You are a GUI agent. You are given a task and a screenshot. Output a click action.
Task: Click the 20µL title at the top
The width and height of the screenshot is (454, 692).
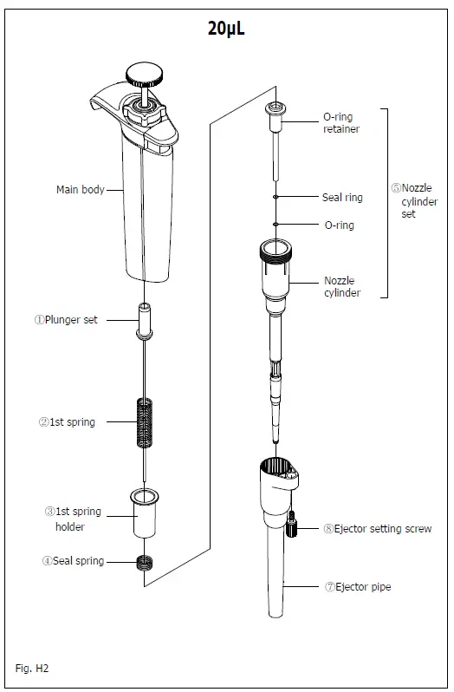[x=226, y=29]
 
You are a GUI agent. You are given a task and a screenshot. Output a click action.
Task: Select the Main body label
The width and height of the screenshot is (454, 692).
[x=80, y=189]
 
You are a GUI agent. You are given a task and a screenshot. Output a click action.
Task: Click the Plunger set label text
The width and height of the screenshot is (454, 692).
[x=66, y=319]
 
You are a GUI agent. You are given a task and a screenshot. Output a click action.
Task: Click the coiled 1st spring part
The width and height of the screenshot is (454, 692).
[x=145, y=422]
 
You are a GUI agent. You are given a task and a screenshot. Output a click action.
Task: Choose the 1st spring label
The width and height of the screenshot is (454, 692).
[x=66, y=422]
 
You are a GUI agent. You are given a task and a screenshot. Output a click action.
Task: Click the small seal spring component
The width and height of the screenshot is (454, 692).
[x=145, y=562]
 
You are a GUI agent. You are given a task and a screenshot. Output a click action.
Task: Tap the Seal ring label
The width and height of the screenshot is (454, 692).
[x=342, y=198]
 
